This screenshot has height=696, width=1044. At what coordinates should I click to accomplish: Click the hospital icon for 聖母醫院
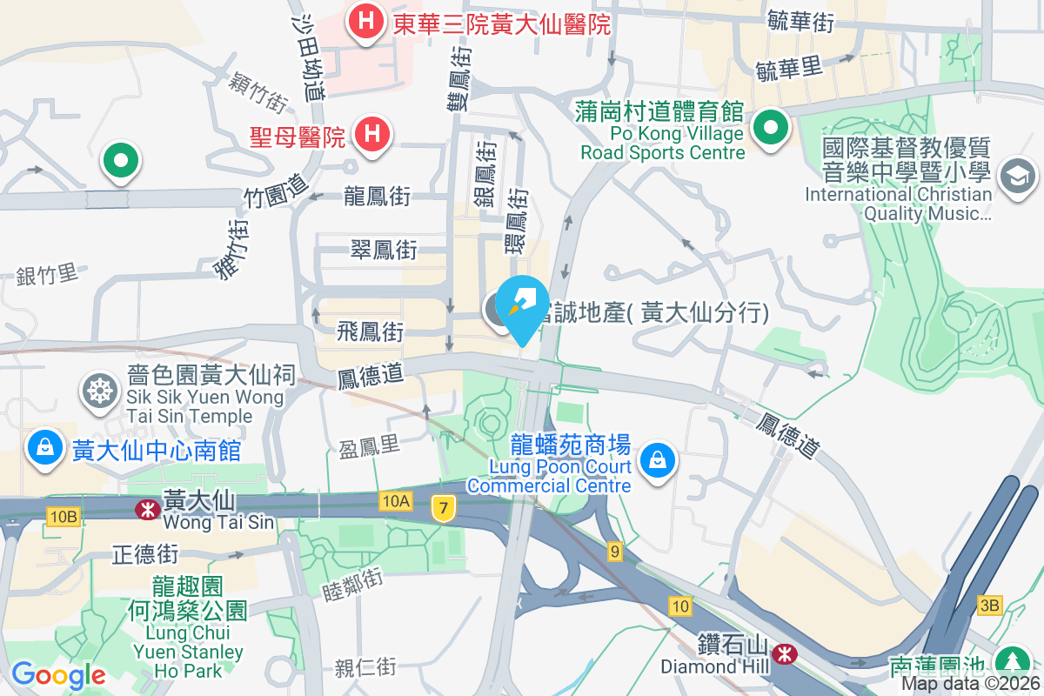(372, 137)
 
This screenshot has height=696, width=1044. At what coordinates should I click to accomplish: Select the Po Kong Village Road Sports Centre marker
(770, 130)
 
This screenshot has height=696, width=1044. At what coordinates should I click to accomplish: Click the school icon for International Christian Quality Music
(1016, 177)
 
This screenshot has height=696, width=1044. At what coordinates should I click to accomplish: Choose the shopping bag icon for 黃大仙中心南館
(44, 449)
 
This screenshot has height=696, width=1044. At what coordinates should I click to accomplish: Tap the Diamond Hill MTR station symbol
(785, 652)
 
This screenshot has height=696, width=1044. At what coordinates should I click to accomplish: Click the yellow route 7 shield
(444, 509)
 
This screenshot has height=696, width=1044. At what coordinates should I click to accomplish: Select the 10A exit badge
(394, 500)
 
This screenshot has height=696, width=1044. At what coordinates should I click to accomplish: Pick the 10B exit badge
(64, 518)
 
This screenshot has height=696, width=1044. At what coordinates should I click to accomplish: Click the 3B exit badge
(989, 605)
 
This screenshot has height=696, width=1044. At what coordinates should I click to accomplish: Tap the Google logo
(58, 675)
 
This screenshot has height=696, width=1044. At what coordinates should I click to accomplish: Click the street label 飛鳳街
(371, 331)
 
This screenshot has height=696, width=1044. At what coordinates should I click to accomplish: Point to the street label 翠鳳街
(383, 251)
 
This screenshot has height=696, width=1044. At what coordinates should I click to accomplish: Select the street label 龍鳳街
(376, 197)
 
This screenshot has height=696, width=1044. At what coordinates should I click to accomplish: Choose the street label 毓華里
(789, 68)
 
